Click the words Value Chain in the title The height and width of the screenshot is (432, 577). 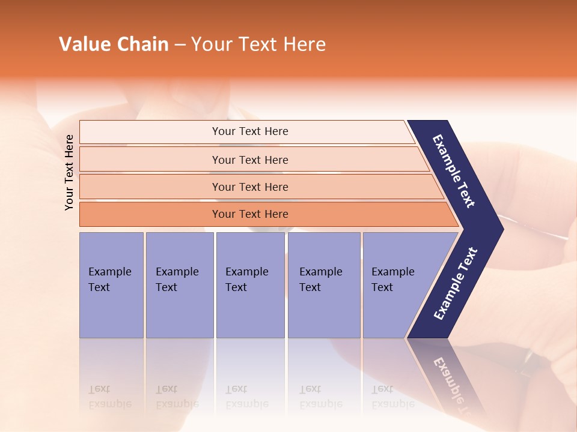click(x=114, y=44)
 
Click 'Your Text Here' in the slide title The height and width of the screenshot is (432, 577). click(x=258, y=44)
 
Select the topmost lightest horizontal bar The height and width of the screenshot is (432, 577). click(x=249, y=131)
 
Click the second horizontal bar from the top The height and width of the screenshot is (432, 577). click(x=249, y=160)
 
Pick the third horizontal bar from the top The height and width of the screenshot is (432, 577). click(x=249, y=187)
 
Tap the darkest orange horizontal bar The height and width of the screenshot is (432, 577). click(x=249, y=214)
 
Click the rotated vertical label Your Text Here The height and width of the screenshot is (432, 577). click(x=69, y=172)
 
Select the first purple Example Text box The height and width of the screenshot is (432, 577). click(x=111, y=284)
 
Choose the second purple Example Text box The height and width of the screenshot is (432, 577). click(x=179, y=284)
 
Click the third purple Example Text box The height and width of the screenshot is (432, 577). click(x=249, y=284)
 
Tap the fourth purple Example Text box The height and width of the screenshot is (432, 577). click(x=323, y=284)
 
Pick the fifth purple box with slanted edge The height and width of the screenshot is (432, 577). click(x=394, y=284)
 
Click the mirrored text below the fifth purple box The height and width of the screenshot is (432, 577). click(x=392, y=397)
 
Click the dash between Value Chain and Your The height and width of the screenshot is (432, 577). click(x=179, y=44)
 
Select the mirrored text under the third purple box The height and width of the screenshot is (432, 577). click(x=247, y=397)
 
